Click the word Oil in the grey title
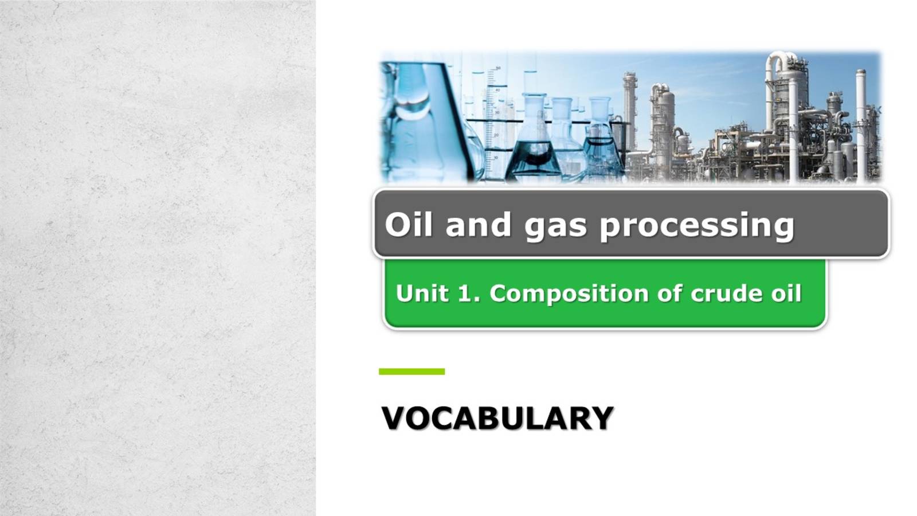407,224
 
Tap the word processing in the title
697,225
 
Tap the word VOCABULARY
497,419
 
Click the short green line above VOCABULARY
412,372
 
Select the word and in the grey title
478,224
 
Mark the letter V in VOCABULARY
395,419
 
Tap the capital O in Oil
396,224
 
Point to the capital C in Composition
500,294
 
